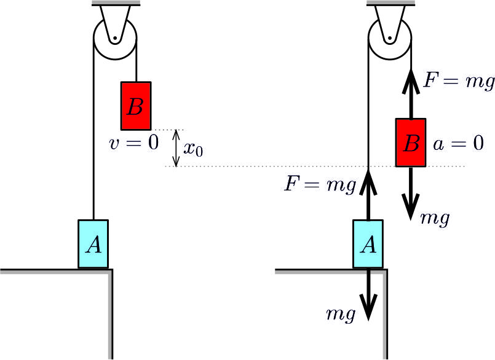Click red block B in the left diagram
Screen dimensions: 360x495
click(136, 105)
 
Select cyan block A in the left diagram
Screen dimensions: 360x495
click(93, 243)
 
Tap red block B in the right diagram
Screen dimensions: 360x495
click(411, 143)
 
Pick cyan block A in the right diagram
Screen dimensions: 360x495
click(368, 243)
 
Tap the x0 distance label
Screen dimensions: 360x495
click(193, 149)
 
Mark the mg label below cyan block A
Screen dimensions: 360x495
click(341, 315)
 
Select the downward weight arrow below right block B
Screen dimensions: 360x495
click(411, 194)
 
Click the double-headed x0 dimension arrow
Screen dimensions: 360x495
click(176, 148)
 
